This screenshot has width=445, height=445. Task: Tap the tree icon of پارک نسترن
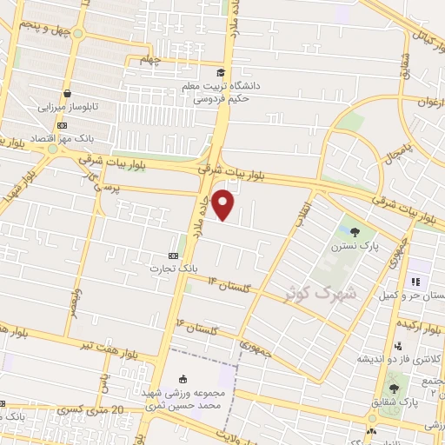pos(354,230)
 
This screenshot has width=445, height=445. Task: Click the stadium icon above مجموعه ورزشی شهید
pos(182,379)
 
